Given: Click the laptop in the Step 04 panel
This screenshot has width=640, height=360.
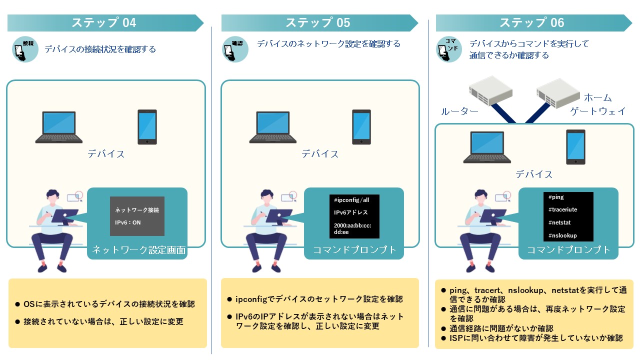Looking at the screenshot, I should click(59, 127).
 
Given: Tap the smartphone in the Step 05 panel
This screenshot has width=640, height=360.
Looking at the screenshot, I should click(361, 127).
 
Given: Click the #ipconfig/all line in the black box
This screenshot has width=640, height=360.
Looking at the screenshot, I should click(351, 200).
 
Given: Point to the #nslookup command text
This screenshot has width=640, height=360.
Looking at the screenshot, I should click(562, 235).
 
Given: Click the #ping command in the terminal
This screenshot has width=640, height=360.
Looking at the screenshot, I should click(556, 197).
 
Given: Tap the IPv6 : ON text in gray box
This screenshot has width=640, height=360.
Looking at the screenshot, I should click(128, 222).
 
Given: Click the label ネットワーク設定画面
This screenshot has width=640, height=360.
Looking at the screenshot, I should click(139, 250).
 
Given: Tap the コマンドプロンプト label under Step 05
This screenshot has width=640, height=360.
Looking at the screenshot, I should click(354, 250).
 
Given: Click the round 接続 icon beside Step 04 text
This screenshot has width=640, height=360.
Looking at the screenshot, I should click(25, 49).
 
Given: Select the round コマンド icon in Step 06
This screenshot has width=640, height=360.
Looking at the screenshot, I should click(449, 48).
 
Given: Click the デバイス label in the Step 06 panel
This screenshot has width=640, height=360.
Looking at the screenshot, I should click(534, 174).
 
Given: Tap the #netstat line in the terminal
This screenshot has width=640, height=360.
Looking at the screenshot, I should click(559, 222).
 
